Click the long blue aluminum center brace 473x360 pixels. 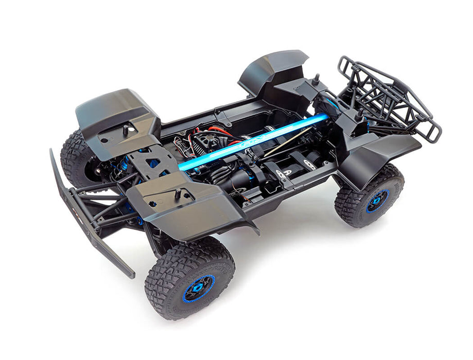click(257, 141)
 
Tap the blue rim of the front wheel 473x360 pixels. click(199, 289)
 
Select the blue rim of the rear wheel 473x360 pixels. click(377, 201)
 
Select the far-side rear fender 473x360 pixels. click(273, 69)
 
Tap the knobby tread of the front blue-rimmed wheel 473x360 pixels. click(170, 267)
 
